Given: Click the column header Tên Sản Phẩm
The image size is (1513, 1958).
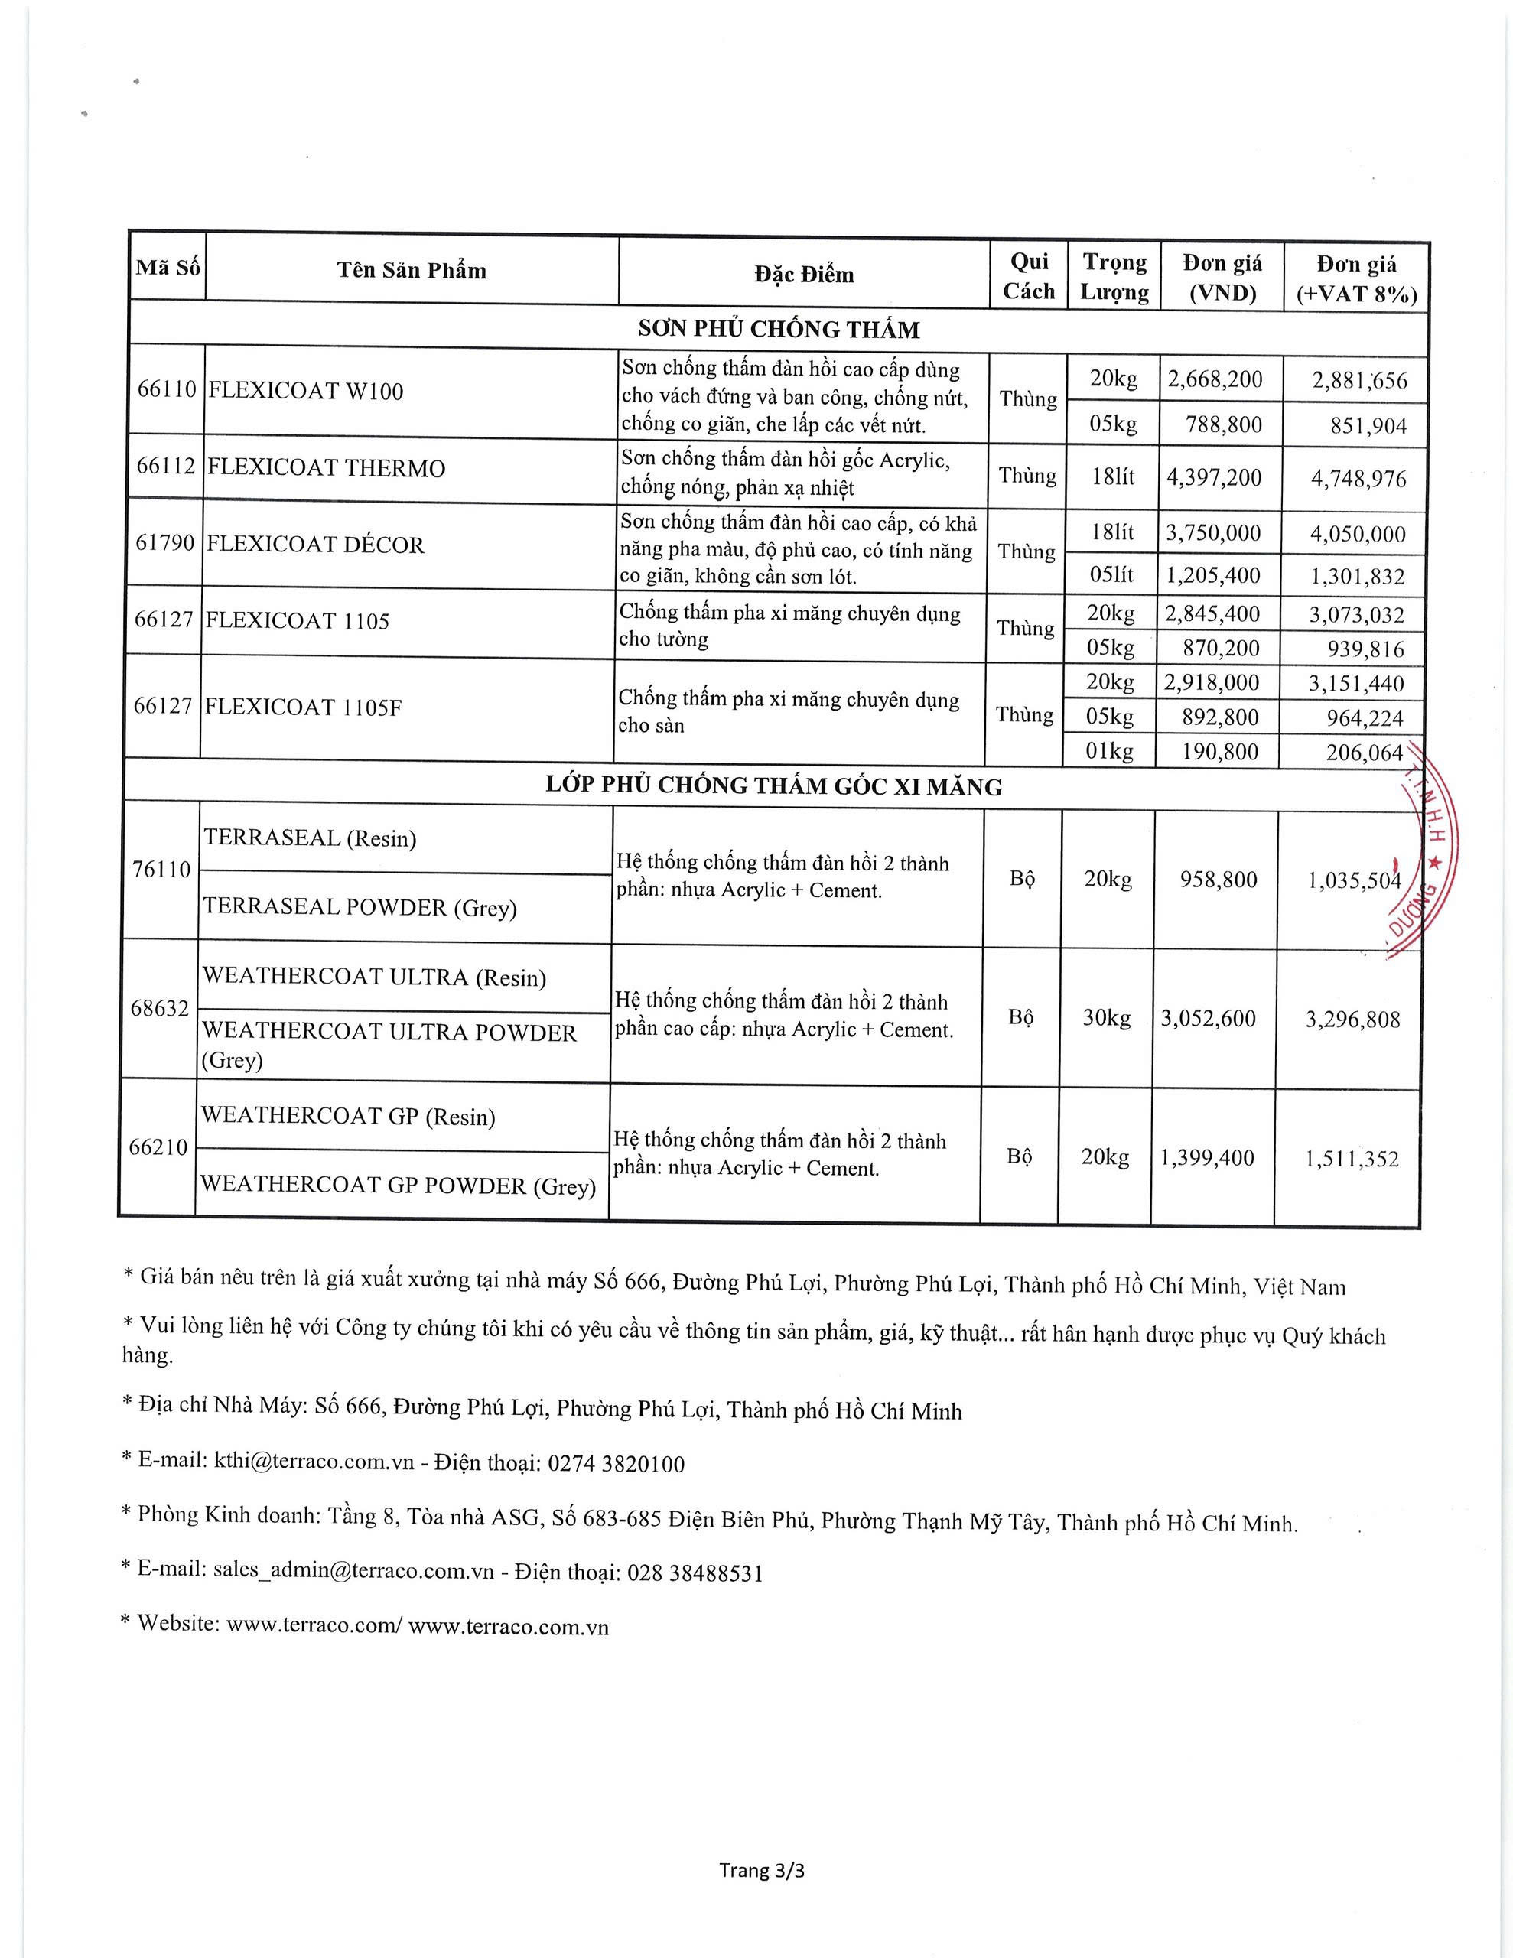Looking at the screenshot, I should pos(412,271).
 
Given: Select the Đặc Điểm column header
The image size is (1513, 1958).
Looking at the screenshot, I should pos(804,275).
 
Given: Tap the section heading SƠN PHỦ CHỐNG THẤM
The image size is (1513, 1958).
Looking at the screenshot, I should pos(778,329).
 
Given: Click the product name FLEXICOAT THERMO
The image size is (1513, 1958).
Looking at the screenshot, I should pos(326,468).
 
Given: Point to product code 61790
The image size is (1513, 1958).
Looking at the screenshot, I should pos(164,543).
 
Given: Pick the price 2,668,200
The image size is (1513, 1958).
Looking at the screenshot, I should pos(1215,379).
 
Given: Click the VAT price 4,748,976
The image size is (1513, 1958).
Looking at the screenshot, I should pos(1358,479).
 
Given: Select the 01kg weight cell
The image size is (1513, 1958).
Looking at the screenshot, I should pos(1109,750).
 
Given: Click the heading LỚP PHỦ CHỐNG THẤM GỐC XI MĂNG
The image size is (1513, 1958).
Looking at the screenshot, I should pos(773,785).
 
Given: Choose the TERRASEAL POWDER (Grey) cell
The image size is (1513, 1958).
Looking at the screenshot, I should pos(360,907).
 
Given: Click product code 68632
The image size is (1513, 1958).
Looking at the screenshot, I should pos(160,1009).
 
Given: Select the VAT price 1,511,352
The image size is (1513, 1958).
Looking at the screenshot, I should pos(1352,1158).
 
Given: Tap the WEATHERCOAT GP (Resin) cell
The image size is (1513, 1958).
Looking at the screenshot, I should pos(348,1116).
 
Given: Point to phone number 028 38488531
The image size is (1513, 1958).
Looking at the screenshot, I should pos(695,1573).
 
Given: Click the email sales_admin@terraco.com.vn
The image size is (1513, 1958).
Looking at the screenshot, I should pos(353,1571).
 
